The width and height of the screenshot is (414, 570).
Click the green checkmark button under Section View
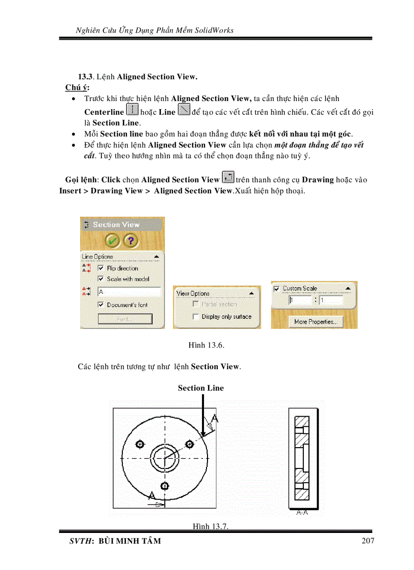click(x=113, y=240)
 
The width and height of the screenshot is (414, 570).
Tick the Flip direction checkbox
click(x=100, y=268)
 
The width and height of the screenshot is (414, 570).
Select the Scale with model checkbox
click(x=100, y=279)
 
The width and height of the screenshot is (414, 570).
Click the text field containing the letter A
click(x=129, y=292)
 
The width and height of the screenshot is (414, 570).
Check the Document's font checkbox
click(x=100, y=305)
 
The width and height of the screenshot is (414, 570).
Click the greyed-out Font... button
click(x=125, y=319)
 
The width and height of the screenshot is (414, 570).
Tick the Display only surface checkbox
click(x=195, y=316)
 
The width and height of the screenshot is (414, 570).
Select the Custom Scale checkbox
click(x=277, y=288)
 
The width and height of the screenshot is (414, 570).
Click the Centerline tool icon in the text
click(x=131, y=110)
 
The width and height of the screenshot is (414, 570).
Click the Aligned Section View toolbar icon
click(x=228, y=178)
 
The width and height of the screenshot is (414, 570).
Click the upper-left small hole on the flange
click(x=140, y=445)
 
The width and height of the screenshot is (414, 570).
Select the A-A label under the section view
click(x=302, y=513)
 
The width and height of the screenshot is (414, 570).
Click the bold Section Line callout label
click(x=200, y=388)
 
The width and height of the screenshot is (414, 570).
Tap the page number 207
click(x=368, y=541)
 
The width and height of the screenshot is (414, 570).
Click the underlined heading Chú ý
click(x=74, y=87)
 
